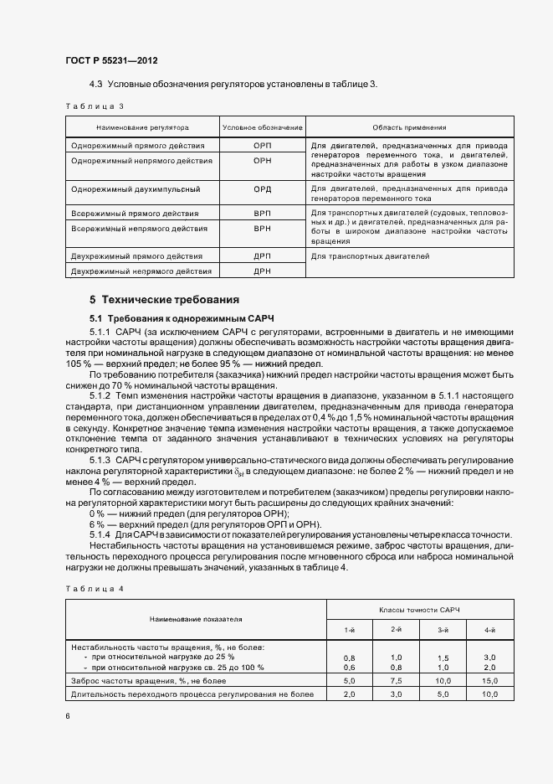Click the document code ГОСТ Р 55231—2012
pos(110,61)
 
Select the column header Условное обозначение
pos(262,127)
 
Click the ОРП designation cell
pos(262,145)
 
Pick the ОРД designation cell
pos(262,188)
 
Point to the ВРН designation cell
pos(262,228)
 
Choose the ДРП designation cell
pos(262,256)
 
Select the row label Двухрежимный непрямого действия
pos(141,271)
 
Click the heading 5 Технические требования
pos(164,299)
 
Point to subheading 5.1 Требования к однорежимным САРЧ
pos(182,318)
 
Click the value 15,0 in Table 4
pos(489,682)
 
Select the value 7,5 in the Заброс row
pos(397,682)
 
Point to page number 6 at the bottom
pos(68,716)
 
